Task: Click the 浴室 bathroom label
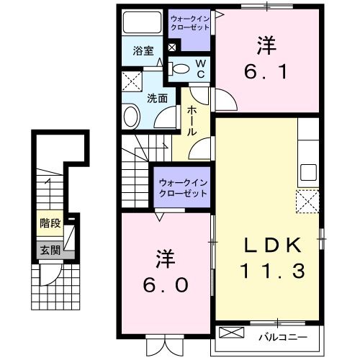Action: pyautogui.click(x=143, y=51)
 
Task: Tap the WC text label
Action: pyautogui.click(x=201, y=70)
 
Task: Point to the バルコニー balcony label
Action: pyautogui.click(x=283, y=336)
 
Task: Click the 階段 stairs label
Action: pyautogui.click(x=50, y=223)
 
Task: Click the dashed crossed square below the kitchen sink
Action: pyautogui.click(x=308, y=201)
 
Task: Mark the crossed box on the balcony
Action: pyautogui.click(x=231, y=334)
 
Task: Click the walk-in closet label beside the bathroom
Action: pyautogui.click(x=190, y=23)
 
